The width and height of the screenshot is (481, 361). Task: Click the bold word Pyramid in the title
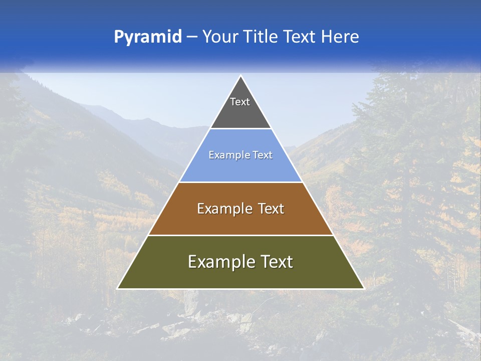coord(147,37)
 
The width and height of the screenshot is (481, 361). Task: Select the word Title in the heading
coord(263,37)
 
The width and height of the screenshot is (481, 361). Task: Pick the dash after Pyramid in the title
coord(191,37)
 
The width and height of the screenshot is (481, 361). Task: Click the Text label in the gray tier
coord(240,102)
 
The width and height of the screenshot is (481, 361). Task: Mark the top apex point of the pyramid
coord(241,76)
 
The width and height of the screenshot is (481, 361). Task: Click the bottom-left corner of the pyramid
coord(117,289)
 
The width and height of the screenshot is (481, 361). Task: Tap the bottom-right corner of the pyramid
coord(364,289)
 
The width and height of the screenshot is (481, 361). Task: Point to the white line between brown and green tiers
coord(241,235)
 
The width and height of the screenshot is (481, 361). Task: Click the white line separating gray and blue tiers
coord(241,129)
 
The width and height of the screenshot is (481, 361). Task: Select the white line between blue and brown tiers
coord(241,182)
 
